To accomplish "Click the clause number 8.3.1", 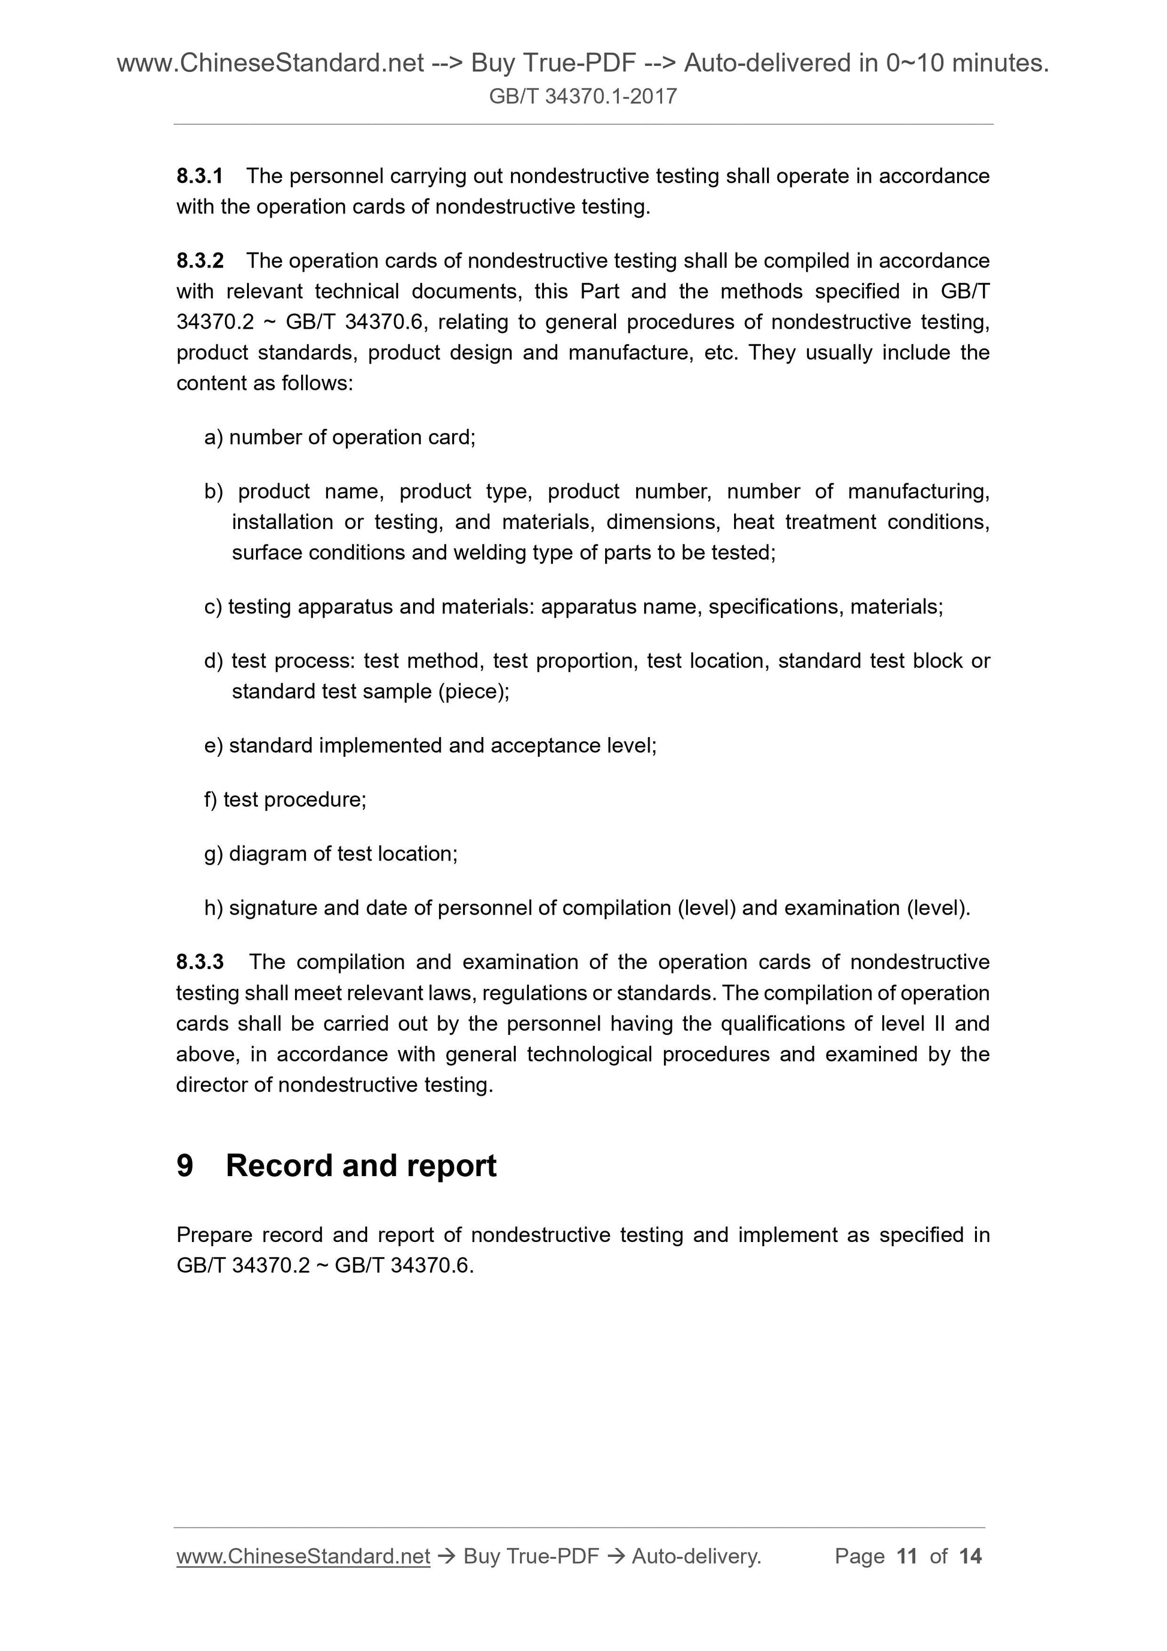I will point(199,176).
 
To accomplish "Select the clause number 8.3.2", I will point(199,260).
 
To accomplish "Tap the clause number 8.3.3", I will point(199,961).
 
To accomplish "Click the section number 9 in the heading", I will point(185,1166).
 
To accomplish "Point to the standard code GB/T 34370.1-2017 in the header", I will point(582,97).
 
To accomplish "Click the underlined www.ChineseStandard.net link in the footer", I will point(303,1556).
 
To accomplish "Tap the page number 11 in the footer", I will point(907,1556).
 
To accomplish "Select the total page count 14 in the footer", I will point(970,1556).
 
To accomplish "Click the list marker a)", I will point(213,437).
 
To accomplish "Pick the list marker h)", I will point(213,907).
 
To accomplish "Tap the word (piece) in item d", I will point(473,691).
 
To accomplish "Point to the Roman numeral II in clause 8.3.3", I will point(939,1023).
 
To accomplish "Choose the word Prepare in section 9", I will point(213,1235).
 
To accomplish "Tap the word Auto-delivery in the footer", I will point(695,1556).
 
